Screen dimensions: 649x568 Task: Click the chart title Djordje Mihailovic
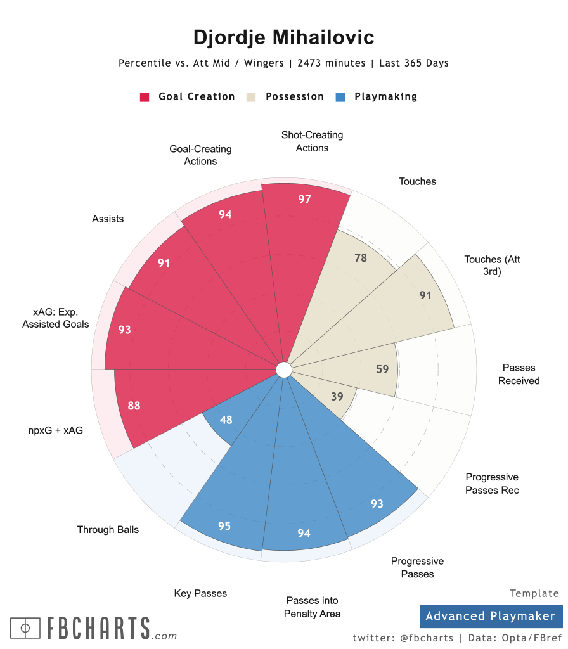(283, 37)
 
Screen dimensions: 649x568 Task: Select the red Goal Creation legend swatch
(145, 97)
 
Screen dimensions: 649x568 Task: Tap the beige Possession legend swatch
(252, 97)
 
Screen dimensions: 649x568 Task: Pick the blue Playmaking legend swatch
(340, 97)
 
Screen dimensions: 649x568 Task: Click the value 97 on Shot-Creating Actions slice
(305, 199)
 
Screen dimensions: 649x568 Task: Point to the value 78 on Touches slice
(359, 257)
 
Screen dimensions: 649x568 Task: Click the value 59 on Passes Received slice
(382, 369)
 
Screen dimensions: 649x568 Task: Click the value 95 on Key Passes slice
(224, 526)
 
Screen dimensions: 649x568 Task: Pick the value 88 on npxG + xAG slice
(134, 406)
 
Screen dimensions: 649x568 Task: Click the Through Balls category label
(108, 529)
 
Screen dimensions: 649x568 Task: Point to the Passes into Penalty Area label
(312, 607)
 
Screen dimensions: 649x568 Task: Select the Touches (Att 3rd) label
(492, 266)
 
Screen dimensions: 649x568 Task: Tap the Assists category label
(108, 219)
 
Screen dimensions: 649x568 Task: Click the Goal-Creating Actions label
(200, 155)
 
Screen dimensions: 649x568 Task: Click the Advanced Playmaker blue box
(490, 616)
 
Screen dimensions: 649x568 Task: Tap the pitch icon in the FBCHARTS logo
(26, 628)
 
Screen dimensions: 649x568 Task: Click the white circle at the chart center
(283, 369)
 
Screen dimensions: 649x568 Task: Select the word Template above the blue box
(534, 594)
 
